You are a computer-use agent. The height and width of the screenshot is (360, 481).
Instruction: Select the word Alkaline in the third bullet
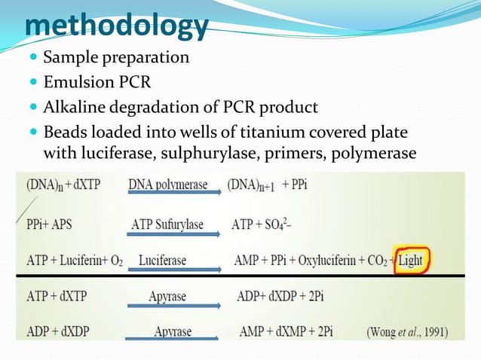coord(73,106)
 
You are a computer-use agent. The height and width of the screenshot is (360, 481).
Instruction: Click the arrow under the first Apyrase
coord(174,304)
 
